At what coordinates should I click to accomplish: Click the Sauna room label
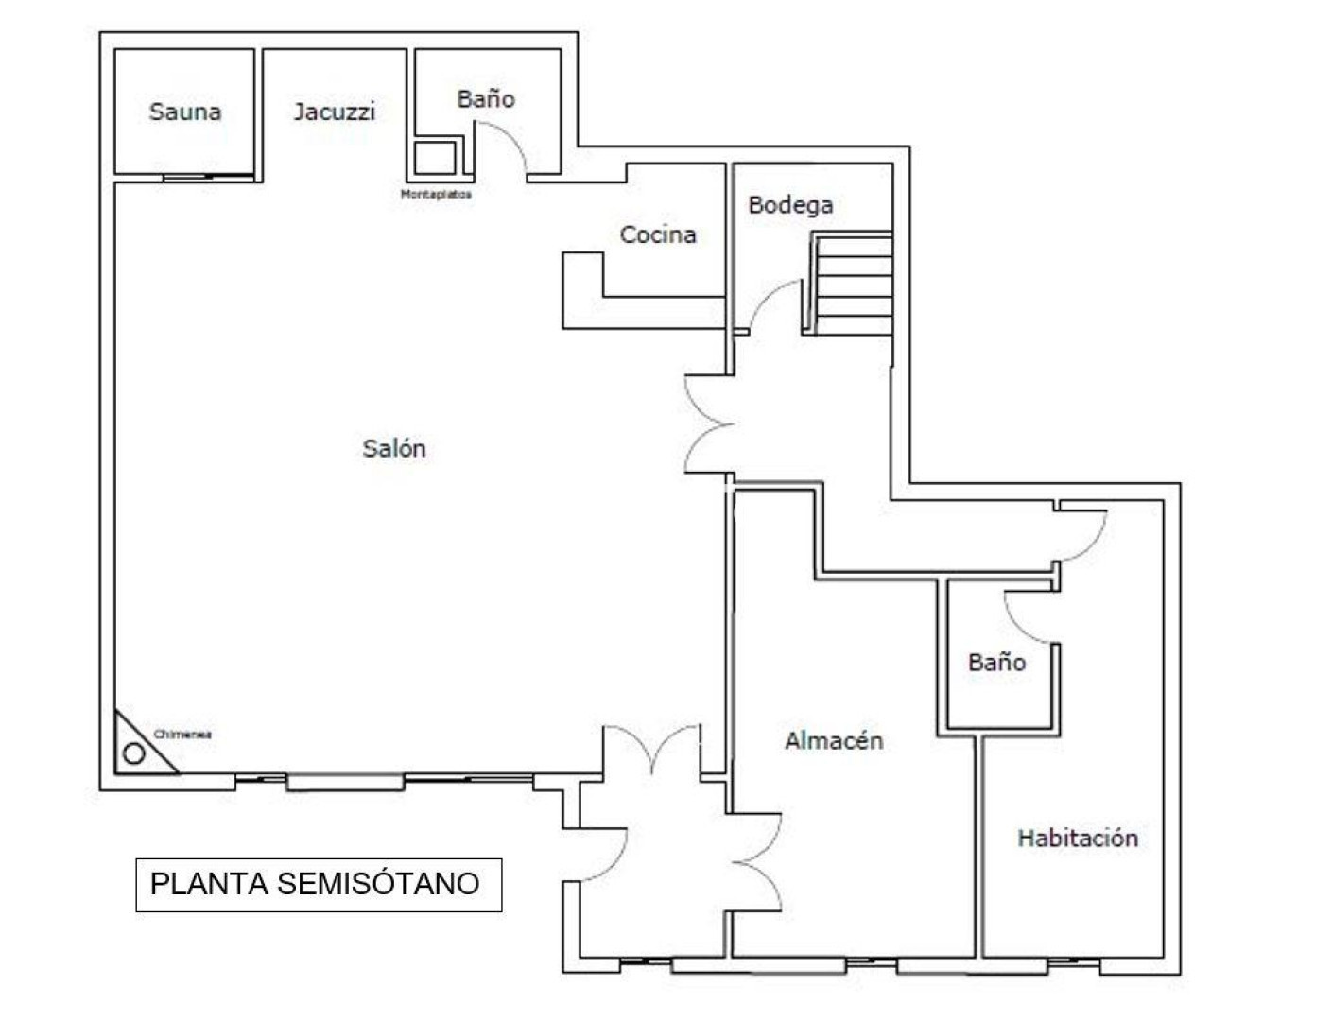[x=185, y=112]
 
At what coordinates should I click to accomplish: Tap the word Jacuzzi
[x=334, y=112]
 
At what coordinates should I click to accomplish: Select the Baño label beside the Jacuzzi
[x=486, y=98]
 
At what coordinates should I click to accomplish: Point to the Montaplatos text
[x=436, y=194]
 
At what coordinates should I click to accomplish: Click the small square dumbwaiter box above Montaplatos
[x=435, y=158]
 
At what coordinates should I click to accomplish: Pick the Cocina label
[x=658, y=234]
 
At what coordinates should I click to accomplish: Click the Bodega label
[x=790, y=205]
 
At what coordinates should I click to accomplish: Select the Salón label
[x=394, y=449]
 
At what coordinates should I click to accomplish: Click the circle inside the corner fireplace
[x=133, y=753]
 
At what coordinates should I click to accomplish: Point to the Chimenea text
[x=182, y=735]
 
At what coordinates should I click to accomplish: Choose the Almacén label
[x=834, y=741]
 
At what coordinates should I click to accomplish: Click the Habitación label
[x=1078, y=838]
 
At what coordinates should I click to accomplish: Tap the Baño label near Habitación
[x=996, y=663]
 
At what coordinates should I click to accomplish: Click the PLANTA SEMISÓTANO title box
[x=319, y=885]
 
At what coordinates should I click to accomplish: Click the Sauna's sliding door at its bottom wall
[x=208, y=178]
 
